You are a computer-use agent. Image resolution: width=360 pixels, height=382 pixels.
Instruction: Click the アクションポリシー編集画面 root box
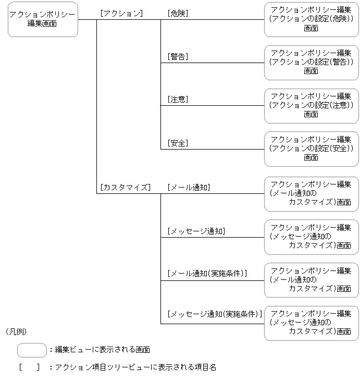tap(43, 19)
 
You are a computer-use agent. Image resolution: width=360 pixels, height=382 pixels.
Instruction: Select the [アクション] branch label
tap(121, 14)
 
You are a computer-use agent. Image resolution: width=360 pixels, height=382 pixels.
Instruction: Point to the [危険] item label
tap(178, 14)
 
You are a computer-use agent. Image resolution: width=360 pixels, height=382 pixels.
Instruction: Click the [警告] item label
tap(178, 56)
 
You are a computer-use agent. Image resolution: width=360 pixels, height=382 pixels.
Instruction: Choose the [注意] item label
tap(178, 99)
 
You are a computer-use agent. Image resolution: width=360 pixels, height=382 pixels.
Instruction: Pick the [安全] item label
tap(178, 143)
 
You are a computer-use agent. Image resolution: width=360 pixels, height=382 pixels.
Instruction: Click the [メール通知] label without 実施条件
tap(189, 187)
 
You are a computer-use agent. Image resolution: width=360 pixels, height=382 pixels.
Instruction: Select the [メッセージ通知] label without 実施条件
tap(196, 231)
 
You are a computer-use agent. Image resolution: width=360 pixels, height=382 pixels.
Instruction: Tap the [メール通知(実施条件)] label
tap(207, 273)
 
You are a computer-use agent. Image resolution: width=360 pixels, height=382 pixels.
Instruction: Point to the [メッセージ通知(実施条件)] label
tap(214, 314)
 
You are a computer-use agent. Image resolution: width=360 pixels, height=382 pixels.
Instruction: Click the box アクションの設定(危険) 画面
tap(311, 19)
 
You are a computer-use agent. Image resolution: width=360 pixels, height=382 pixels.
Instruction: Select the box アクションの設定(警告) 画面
tap(311, 63)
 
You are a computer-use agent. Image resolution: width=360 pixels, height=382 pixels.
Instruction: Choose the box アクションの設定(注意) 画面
tap(311, 106)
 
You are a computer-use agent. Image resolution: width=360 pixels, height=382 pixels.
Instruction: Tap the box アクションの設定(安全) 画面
tap(311, 149)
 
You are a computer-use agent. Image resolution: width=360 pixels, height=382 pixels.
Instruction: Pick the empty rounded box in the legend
tap(32, 350)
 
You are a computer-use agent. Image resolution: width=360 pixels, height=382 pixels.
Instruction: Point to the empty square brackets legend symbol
tap(29, 367)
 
